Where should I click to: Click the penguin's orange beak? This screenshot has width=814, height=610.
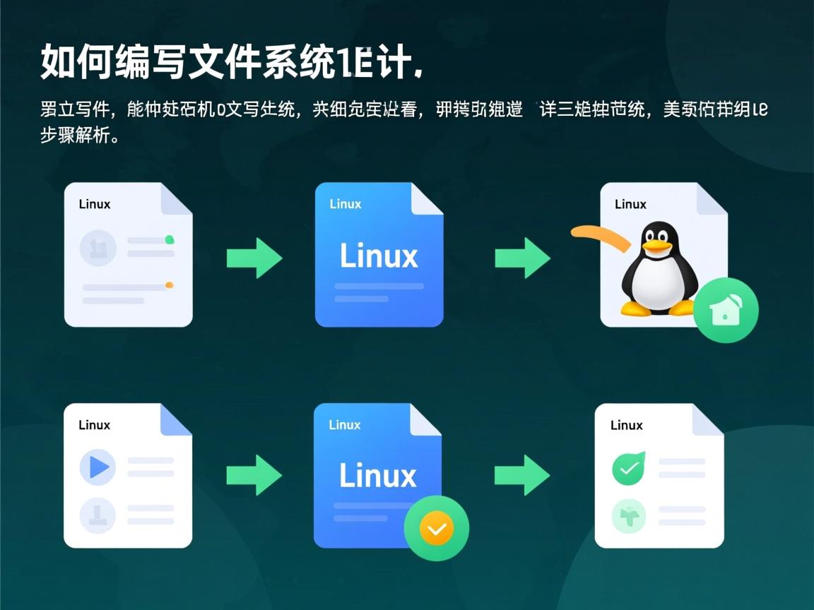coord(657,246)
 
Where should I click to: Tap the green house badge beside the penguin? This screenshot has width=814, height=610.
coord(726,311)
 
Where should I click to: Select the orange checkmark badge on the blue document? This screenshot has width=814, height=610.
coord(436,528)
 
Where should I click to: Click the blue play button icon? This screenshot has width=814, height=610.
coord(98,467)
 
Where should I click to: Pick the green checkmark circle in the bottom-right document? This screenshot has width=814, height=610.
coord(628,468)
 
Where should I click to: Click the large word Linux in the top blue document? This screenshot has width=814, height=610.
coord(379,256)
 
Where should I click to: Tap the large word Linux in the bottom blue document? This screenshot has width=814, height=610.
coord(378,476)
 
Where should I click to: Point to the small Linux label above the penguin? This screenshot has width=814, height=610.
coord(630,204)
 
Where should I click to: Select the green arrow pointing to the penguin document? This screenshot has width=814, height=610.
coord(522,258)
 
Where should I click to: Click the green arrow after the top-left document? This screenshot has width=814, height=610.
coord(254,258)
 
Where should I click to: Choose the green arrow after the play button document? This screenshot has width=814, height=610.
coord(254,475)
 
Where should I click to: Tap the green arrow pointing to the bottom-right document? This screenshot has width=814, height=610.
coord(522,475)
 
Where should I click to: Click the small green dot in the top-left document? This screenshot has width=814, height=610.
coord(170,240)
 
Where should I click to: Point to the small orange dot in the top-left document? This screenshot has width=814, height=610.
coord(169,285)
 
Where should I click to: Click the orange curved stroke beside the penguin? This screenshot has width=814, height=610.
coord(601,236)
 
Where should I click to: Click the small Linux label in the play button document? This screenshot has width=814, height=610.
coord(95,425)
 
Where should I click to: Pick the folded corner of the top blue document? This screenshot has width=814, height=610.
coord(427,199)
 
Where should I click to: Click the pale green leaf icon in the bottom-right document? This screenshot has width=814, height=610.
coord(628,515)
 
